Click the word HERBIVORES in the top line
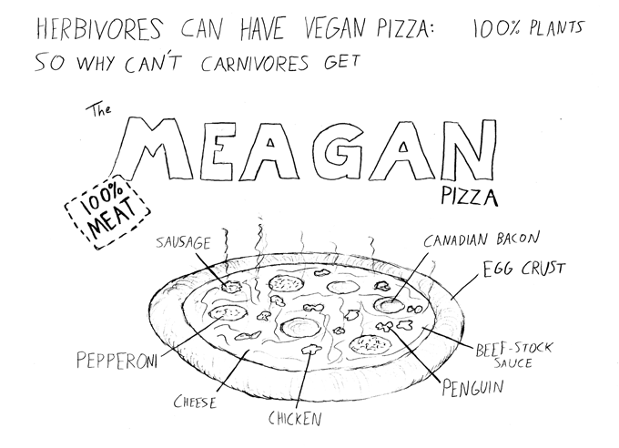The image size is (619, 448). pos(99,29)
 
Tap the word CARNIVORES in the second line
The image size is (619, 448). pos(255,64)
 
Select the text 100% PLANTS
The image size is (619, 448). pos(528,28)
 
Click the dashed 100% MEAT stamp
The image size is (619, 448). pos(107,212)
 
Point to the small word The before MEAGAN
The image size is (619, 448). pos(98,110)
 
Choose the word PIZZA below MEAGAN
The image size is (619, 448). pos(470,197)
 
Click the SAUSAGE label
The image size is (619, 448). pos(183,242)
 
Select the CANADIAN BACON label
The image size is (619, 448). pos(482,239)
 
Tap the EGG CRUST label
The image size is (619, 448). pos(524,270)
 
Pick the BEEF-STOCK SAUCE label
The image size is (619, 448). pos(513,355)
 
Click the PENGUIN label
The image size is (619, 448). pos(472,387)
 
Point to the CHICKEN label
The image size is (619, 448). pos(295,418)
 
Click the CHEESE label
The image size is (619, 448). pos(196,402)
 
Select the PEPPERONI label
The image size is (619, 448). pos(117,360)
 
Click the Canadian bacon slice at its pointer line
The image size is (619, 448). pos(390,305)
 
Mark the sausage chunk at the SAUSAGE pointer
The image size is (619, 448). pos(231,287)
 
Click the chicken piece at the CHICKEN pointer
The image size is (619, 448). pos(310,349)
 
